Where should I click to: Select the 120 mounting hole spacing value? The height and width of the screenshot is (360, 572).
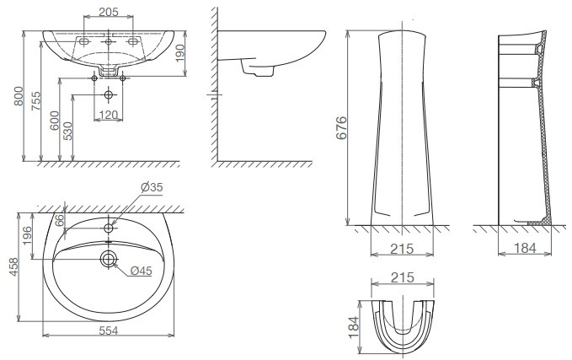[x=108, y=115]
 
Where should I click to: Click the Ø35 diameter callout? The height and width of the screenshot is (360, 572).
[x=152, y=187]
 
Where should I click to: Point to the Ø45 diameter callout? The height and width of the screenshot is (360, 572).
[x=142, y=270]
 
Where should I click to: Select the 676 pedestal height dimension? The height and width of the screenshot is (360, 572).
[x=341, y=126]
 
